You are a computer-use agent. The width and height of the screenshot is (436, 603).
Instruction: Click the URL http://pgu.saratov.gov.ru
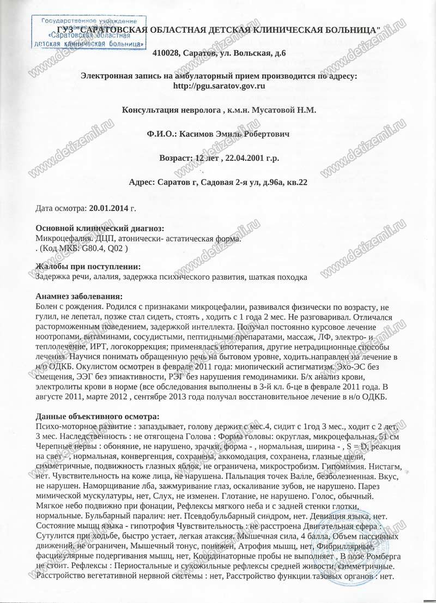219,86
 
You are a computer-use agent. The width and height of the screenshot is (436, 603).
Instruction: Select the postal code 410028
167,53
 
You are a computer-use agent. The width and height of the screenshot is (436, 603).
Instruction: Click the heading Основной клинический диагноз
99,228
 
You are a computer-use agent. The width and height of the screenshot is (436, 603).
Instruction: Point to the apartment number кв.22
295,183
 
